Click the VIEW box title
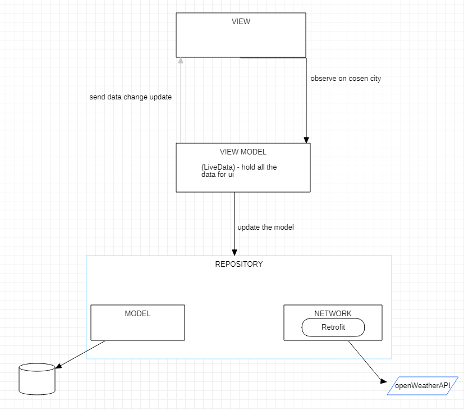pos(241,22)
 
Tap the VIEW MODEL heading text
pos(243,152)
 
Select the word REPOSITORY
pos(238,264)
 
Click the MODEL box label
pos(137,313)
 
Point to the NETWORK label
pos(333,313)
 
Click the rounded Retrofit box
pos(333,327)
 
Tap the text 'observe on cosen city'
pos(346,79)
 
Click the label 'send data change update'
pos(130,97)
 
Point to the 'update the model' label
pos(265,227)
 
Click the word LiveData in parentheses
pos(217,167)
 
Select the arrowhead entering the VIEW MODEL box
pos(306,139)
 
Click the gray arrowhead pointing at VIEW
pos(180,61)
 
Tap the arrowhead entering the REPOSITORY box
pos(235,252)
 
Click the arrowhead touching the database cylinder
pos(58,366)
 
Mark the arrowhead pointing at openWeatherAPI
pos(384,381)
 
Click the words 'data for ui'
pos(218,175)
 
